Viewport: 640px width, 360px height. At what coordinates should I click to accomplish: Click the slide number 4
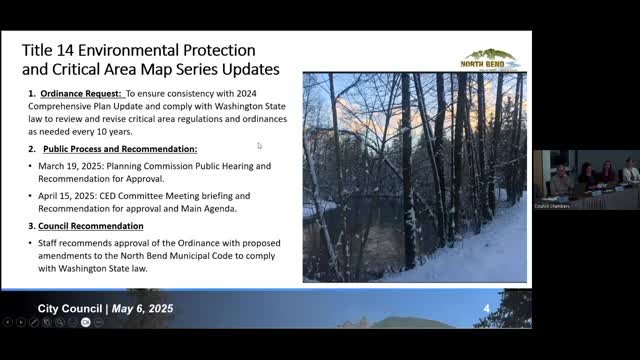click(486, 308)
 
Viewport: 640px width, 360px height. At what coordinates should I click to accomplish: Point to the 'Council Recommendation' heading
click(92, 225)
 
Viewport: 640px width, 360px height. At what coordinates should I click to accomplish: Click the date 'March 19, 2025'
click(71, 166)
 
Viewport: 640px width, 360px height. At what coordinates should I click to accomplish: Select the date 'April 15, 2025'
click(67, 196)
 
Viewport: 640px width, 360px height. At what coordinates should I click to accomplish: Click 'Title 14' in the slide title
click(46, 50)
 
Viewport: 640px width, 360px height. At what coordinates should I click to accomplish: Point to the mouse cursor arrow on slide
click(259, 145)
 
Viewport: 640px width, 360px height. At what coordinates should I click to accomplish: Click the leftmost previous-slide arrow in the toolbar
click(8, 322)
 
